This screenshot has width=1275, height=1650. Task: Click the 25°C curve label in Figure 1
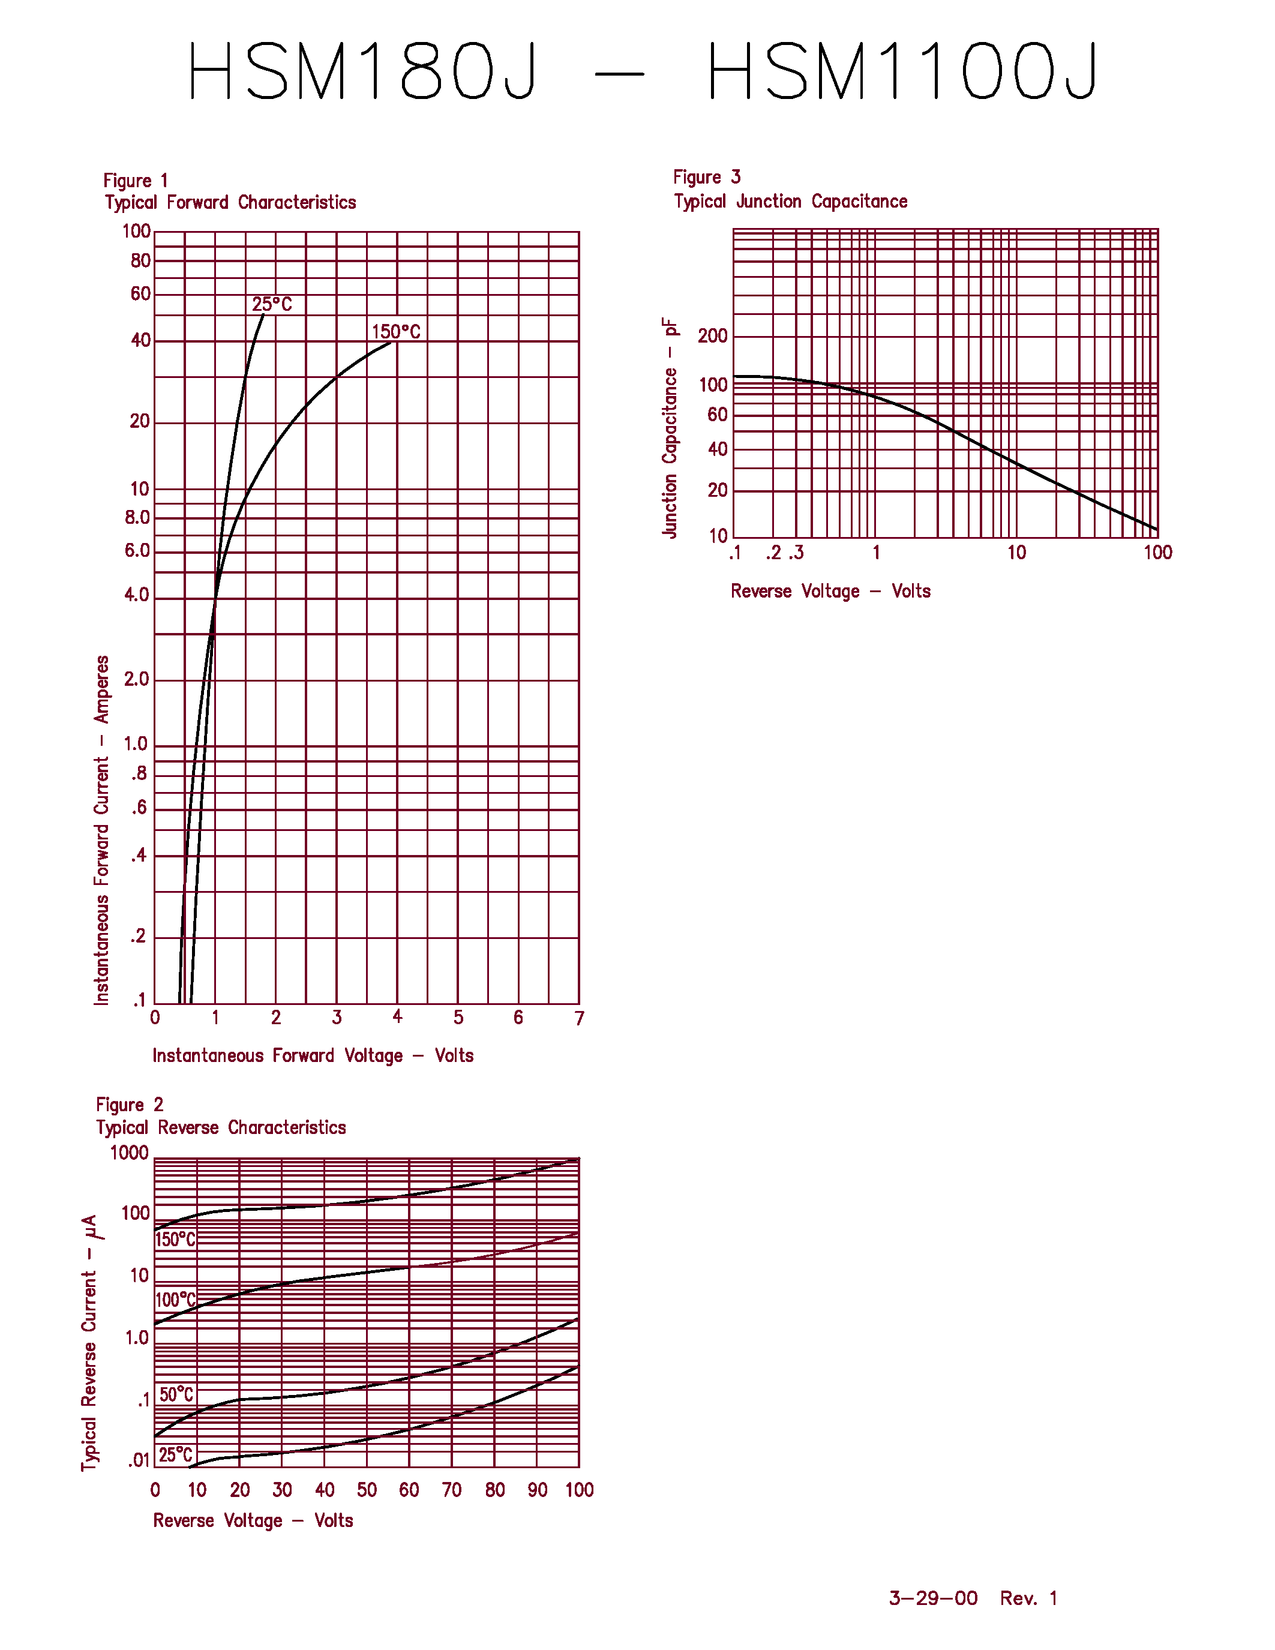(x=271, y=304)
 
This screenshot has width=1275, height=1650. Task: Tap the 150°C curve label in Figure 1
(x=396, y=332)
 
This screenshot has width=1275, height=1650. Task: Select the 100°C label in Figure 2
(x=175, y=1300)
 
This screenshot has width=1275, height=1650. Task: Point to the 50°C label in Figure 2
(x=176, y=1394)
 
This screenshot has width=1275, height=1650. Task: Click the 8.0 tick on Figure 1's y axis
(x=137, y=518)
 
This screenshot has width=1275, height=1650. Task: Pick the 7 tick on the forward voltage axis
(x=580, y=1018)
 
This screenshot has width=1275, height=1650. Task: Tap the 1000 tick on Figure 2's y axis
(x=129, y=1153)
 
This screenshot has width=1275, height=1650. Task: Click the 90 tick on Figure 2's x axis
(x=537, y=1490)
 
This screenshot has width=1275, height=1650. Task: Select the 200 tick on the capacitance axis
(x=712, y=335)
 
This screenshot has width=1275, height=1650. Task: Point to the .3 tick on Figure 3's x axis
(x=796, y=553)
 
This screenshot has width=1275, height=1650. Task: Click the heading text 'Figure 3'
(x=706, y=178)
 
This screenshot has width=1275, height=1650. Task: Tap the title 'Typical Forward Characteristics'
(x=230, y=202)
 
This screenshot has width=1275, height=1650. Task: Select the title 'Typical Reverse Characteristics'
(x=221, y=1127)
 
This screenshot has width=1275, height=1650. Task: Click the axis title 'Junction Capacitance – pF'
(x=670, y=428)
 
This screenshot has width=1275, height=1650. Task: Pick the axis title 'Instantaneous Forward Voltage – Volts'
(x=313, y=1055)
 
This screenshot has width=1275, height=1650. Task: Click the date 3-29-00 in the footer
(x=933, y=1598)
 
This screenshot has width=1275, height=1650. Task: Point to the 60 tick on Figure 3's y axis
(x=717, y=415)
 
